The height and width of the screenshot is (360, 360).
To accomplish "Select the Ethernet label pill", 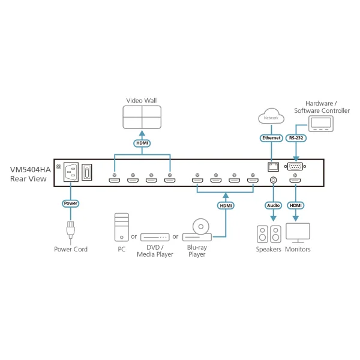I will [271, 137].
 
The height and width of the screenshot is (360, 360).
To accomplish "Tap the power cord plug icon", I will [71, 232].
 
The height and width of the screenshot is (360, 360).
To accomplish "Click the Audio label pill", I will [273, 205].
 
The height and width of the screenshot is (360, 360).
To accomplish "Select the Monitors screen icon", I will [298, 232].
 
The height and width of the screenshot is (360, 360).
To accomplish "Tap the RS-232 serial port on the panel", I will [295, 167].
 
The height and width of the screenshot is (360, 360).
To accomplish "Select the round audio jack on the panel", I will [274, 179].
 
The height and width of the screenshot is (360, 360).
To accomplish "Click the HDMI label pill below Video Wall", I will [142, 144].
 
